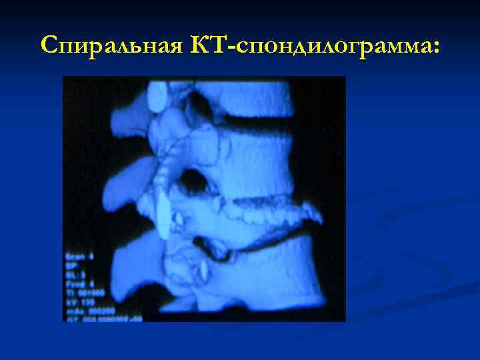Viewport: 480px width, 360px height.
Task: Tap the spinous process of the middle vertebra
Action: tap(127, 180)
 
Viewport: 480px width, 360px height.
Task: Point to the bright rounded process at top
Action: tap(158, 95)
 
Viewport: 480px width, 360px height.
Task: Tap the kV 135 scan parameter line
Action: tap(79, 301)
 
